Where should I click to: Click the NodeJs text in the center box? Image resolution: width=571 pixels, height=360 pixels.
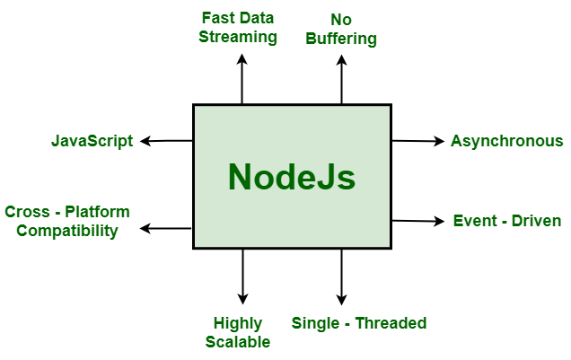tap(292, 177)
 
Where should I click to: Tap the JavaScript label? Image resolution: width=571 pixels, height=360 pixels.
tap(92, 141)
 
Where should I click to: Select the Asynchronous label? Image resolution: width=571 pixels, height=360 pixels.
tap(506, 141)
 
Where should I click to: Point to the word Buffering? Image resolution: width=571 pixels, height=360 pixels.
tap(341, 39)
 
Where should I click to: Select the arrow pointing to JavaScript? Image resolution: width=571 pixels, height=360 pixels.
tap(167, 141)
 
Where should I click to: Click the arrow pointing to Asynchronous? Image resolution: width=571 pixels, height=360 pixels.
tap(417, 141)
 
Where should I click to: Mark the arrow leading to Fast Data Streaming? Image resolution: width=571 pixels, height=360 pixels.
tap(242, 79)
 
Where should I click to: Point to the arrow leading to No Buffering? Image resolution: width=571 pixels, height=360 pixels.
tap(341, 79)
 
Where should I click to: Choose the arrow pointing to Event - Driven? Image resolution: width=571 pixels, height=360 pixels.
tap(417, 221)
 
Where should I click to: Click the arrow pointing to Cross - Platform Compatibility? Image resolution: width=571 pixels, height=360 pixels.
tap(167, 229)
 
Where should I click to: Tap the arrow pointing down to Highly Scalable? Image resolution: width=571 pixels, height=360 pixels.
tap(242, 277)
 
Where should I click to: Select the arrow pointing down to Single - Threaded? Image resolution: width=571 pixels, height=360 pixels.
tap(341, 277)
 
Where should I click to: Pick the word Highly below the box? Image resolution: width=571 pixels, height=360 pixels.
tap(238, 323)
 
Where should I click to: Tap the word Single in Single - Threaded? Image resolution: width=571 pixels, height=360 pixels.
tap(315, 323)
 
